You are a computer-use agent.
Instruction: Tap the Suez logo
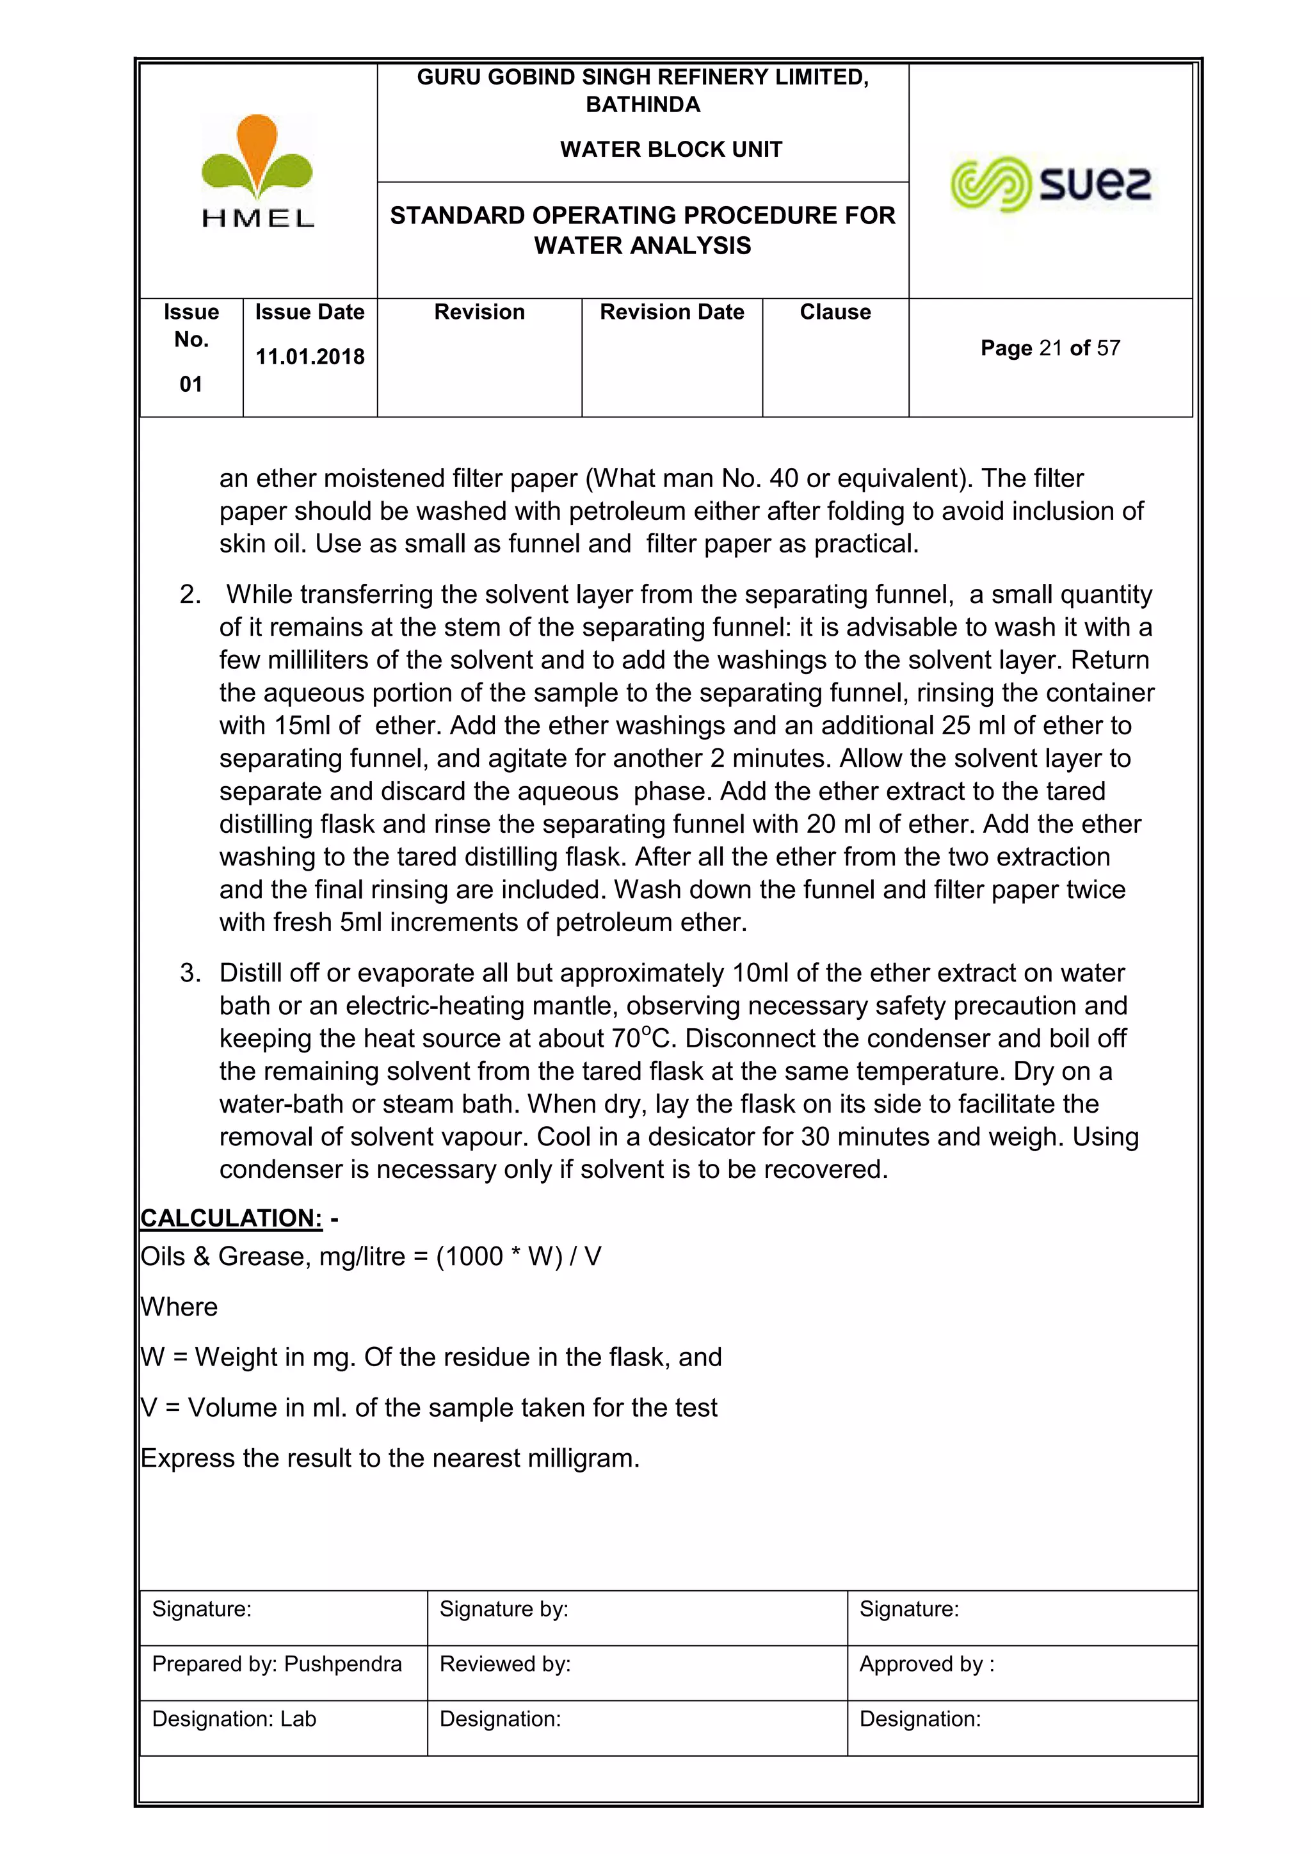tap(1050, 184)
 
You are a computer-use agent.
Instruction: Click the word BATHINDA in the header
tap(643, 105)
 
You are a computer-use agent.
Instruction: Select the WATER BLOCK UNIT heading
tap(671, 149)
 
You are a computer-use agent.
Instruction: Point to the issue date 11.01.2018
tap(310, 357)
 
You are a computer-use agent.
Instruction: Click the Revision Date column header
tap(672, 312)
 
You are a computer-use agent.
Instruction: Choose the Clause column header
tap(835, 312)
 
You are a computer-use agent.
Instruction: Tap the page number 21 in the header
tap(1050, 348)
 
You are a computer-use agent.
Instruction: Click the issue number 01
tap(191, 384)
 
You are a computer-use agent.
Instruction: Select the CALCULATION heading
tap(232, 1218)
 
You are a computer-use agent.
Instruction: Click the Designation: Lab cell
tap(234, 1718)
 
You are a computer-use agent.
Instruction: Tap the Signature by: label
tap(504, 1609)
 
